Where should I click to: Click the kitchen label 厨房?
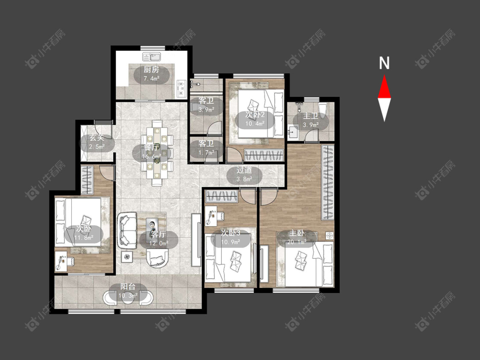point(151,70)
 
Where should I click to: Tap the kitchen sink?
point(152,57)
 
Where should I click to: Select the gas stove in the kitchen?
point(182,88)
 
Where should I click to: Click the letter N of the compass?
point(384,63)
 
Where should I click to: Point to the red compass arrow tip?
point(384,75)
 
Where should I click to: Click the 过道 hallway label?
point(244,170)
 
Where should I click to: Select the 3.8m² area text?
point(244,179)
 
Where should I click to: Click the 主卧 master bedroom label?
point(297,233)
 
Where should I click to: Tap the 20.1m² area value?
point(297,242)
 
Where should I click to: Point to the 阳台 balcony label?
point(128,287)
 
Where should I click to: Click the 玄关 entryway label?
point(97,138)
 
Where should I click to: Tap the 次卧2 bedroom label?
point(255,115)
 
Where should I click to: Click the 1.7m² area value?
point(206,152)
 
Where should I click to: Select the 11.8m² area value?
point(84,237)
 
